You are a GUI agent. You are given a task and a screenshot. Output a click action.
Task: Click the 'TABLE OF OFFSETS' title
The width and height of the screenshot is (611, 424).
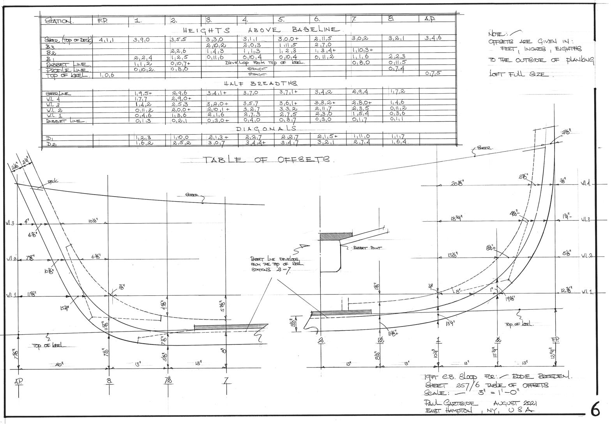[x=267, y=160]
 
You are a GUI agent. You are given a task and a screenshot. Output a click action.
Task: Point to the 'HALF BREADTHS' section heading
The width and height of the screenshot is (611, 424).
[x=261, y=83]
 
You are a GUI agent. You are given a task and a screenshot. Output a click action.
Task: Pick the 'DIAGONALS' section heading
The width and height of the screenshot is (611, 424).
[x=266, y=128]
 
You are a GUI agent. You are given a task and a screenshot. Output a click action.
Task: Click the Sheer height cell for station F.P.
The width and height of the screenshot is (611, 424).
[x=106, y=40]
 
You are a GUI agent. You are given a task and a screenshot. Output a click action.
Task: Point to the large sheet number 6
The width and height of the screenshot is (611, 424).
[x=595, y=410]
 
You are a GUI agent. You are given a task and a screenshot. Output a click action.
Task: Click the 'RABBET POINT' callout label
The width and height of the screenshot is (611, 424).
[x=367, y=248]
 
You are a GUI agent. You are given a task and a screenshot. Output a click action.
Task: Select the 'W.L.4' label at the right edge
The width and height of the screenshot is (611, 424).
[x=586, y=183]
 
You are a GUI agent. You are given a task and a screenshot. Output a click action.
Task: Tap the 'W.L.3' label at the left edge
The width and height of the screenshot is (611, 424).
[x=10, y=224]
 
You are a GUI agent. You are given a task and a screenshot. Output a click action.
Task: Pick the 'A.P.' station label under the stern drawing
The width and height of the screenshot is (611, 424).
[x=19, y=381]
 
